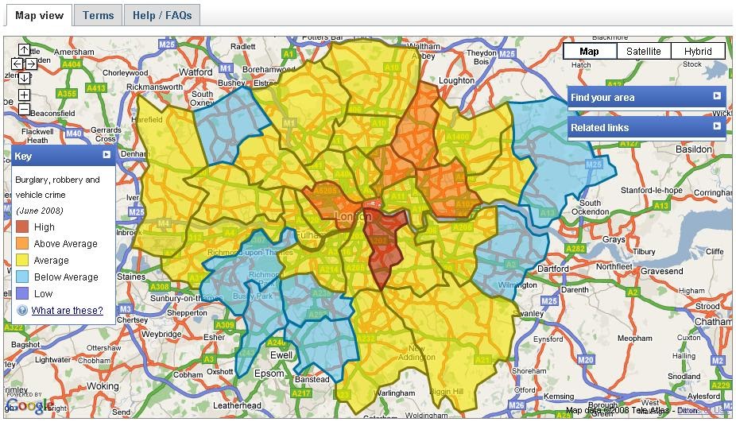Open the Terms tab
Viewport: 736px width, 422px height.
[x=98, y=15]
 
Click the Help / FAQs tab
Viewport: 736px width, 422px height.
[x=162, y=15]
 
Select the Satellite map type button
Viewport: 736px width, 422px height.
[x=643, y=52]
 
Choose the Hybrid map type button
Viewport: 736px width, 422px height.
[x=698, y=52]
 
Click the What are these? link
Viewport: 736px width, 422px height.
[x=67, y=310]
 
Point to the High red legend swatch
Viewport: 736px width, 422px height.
[x=22, y=227]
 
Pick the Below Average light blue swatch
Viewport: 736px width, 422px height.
[x=22, y=277]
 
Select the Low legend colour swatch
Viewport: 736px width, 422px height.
[x=22, y=293]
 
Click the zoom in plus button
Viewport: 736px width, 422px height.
[x=25, y=95]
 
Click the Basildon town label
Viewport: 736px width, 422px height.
[x=693, y=149]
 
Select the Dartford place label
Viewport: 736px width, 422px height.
[x=553, y=269]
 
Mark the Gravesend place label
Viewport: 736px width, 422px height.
[x=661, y=271]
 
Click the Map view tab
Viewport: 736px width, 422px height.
[x=38, y=15]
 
